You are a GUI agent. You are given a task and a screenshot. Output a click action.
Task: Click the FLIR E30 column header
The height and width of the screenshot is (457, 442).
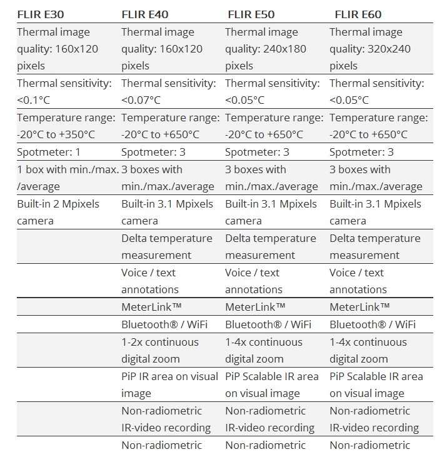coord(41,14)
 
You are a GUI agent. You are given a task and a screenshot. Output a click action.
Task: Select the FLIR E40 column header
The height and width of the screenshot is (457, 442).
coord(144,14)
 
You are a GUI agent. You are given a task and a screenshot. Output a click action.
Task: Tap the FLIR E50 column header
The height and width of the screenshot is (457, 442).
coord(251,14)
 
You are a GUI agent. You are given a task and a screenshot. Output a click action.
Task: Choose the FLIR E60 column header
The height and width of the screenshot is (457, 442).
coord(358,14)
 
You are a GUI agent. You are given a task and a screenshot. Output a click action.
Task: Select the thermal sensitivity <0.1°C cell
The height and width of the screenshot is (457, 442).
coord(64,92)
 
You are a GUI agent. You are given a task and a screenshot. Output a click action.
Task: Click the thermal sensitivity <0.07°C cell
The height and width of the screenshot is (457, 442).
coord(168,92)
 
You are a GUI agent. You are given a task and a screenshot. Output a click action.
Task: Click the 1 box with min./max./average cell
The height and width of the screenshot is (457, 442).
coord(68,178)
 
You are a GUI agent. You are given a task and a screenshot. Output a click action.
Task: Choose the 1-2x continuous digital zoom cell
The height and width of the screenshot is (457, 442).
coord(159,350)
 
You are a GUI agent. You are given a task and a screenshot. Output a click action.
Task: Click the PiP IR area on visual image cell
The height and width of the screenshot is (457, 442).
coord(169,384)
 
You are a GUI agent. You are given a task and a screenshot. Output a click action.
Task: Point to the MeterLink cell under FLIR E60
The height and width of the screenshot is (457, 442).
coord(359,307)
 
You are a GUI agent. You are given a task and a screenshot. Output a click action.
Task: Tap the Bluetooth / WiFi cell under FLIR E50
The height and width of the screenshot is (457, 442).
coord(269,324)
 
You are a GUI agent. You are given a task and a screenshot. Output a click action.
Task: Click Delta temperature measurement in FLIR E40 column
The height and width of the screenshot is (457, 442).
coord(167,246)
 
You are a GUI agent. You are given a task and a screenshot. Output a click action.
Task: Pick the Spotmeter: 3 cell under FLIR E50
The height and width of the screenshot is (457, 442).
coord(257,152)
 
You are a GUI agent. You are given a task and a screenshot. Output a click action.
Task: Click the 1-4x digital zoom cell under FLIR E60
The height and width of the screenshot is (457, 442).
coord(368,350)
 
